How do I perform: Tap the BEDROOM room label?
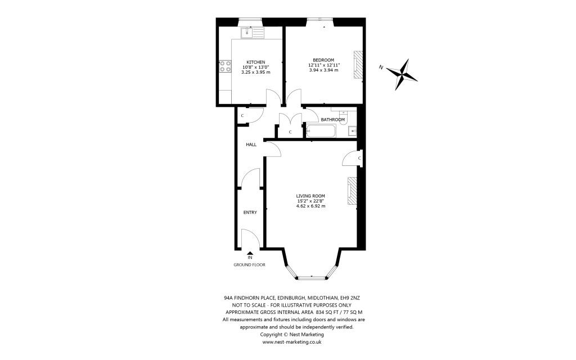pos(323,60)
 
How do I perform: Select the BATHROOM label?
pos(332,120)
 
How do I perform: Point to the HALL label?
pos(251,145)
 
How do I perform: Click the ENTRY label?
pos(250,213)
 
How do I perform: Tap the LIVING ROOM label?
pos(310,195)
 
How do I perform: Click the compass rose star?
pos(403,74)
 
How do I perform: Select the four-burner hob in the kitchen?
pos(225,66)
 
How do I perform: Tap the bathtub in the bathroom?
pos(320,132)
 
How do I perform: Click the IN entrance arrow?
pos(250,254)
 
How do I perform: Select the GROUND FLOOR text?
pos(249,264)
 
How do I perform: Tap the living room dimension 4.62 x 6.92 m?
pos(310,206)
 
